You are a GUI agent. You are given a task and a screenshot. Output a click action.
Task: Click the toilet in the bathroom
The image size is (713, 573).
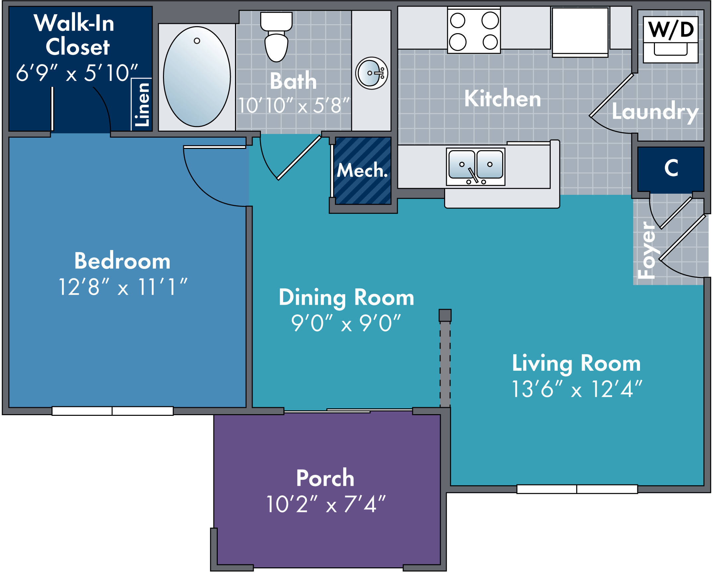click(x=276, y=38)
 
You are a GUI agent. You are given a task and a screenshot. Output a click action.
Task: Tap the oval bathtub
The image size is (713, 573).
click(x=197, y=77)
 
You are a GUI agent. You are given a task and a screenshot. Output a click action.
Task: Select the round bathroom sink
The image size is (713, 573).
click(x=371, y=73)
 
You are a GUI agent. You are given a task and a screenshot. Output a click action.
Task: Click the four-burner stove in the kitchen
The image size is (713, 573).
click(x=474, y=31)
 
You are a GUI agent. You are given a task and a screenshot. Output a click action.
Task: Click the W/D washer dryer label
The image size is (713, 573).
click(x=671, y=30)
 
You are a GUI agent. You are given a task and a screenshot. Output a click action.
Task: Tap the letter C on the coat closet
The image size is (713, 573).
click(x=671, y=168)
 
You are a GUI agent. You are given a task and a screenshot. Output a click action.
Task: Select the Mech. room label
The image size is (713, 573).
click(x=362, y=170)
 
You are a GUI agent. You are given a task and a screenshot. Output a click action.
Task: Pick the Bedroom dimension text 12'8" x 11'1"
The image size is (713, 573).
click(x=122, y=287)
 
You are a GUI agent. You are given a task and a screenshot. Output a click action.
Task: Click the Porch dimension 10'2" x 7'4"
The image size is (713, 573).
click(x=326, y=504)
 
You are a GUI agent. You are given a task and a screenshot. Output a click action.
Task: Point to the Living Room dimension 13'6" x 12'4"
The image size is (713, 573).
click(x=577, y=389)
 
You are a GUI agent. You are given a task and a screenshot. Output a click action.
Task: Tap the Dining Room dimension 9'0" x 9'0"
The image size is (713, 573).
click(x=346, y=323)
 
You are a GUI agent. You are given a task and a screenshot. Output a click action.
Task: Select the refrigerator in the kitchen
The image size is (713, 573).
click(x=580, y=32)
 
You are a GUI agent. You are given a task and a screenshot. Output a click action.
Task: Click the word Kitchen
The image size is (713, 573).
click(x=502, y=98)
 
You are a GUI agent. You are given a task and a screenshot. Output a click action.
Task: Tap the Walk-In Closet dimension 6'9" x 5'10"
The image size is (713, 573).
click(x=77, y=73)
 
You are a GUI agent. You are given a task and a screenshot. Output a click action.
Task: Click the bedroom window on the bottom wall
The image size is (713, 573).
click(x=113, y=411)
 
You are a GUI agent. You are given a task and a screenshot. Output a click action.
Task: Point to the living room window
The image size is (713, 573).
click(x=577, y=489)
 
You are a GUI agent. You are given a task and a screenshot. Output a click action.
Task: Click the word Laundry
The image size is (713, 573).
click(x=655, y=112)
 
